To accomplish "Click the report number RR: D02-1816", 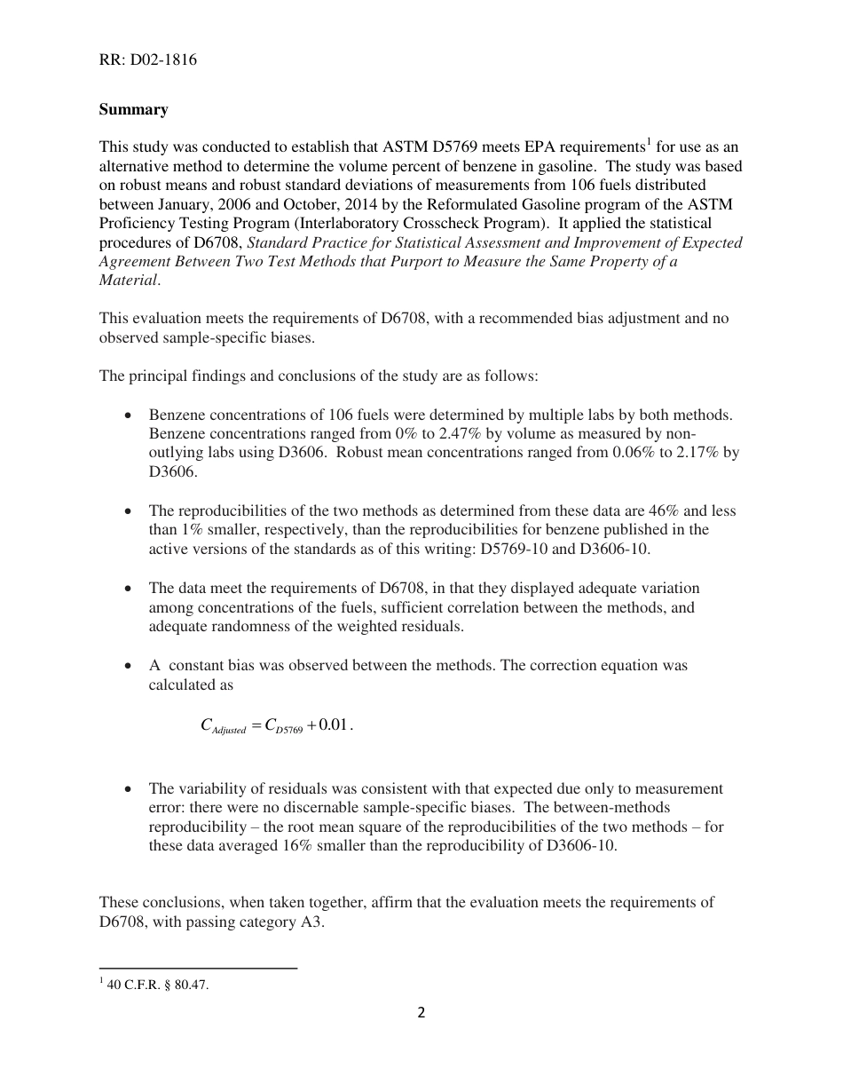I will pyautogui.click(x=147, y=60).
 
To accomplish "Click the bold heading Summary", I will pyautogui.click(x=133, y=109).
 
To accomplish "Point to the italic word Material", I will pyautogui.click(x=129, y=279).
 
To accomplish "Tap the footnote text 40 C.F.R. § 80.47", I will pyautogui.click(x=157, y=985).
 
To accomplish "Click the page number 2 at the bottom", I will pyautogui.click(x=421, y=1012).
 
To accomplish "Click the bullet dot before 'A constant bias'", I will pyautogui.click(x=130, y=665).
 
